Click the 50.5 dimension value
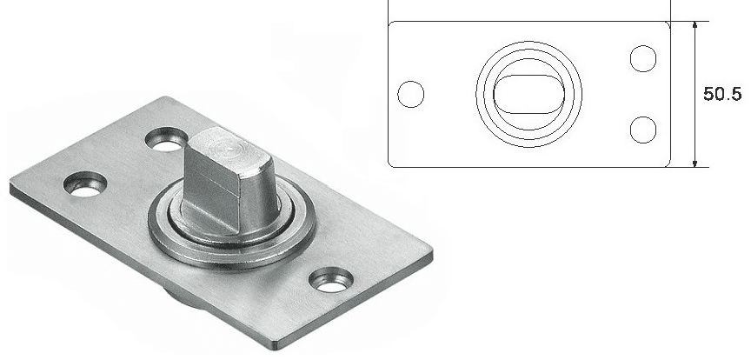click(x=722, y=94)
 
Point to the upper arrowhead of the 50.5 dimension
click(x=695, y=26)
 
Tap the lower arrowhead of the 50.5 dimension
click(x=695, y=163)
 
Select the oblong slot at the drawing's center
click(x=528, y=94)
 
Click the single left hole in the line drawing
click(x=411, y=94)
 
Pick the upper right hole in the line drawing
click(x=642, y=58)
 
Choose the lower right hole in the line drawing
click(x=642, y=130)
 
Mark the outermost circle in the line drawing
click(x=528, y=41)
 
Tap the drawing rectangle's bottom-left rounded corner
click(x=390, y=164)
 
